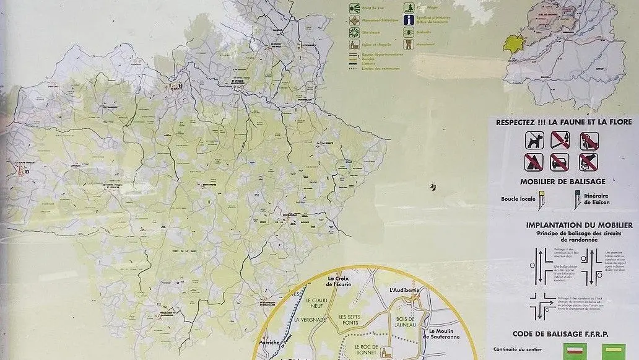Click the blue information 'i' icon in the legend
(x=409, y=20)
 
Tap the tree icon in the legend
(x=409, y=7)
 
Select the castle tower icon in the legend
(x=409, y=44)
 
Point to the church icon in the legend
(x=354, y=45)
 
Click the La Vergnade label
(x=309, y=320)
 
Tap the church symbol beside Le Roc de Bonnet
(x=385, y=352)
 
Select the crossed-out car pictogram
(x=560, y=162)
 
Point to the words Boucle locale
(x=518, y=199)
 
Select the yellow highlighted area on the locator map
(x=513, y=45)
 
